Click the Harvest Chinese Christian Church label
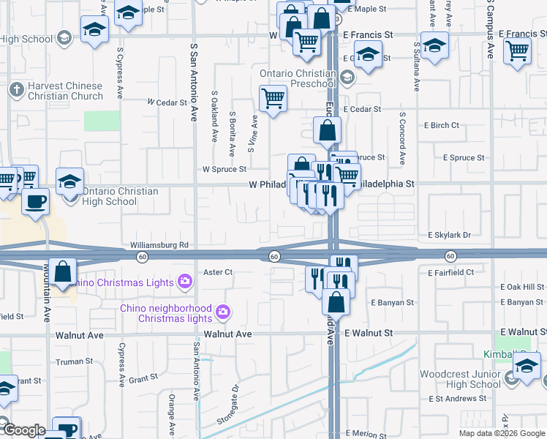coord(65,91)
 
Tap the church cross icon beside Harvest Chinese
coord(17,91)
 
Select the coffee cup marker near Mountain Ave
coord(35,201)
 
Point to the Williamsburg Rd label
coord(159,244)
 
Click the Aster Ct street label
coord(217,272)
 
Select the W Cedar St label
coord(167,102)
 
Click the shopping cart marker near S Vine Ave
coord(273,97)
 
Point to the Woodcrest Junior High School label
coord(460,379)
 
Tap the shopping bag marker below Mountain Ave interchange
coord(64,271)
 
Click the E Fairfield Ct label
coord(450,272)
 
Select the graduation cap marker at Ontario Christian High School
coord(70,181)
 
